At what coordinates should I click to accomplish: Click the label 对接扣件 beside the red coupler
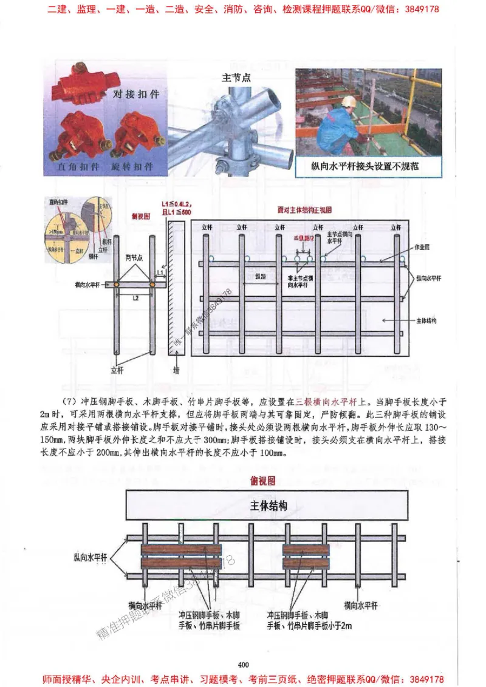coord(135,95)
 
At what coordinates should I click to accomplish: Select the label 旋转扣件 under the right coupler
coord(132,166)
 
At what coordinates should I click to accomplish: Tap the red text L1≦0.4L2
coord(176,201)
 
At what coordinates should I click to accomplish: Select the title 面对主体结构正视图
coord(304,209)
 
